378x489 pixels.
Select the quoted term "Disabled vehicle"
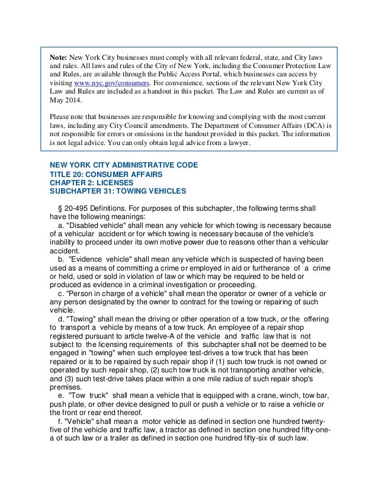tap(97, 228)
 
